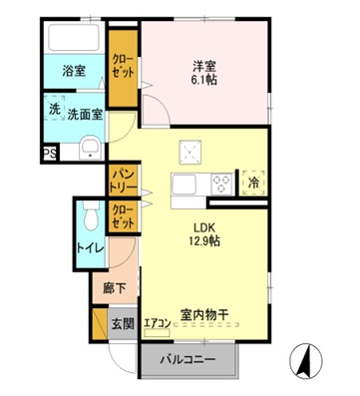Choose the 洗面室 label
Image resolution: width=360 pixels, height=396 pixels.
click(85, 114)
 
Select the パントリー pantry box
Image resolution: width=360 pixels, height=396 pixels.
click(123, 181)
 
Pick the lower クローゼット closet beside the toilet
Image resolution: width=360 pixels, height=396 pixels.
click(124, 215)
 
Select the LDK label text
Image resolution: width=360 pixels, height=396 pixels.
click(205, 225)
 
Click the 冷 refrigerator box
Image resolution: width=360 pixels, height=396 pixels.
click(253, 183)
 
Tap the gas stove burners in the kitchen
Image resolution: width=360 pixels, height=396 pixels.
click(221, 183)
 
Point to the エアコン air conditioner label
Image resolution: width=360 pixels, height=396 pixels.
click(157, 322)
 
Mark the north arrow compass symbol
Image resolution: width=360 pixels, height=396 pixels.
click(305, 357)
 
